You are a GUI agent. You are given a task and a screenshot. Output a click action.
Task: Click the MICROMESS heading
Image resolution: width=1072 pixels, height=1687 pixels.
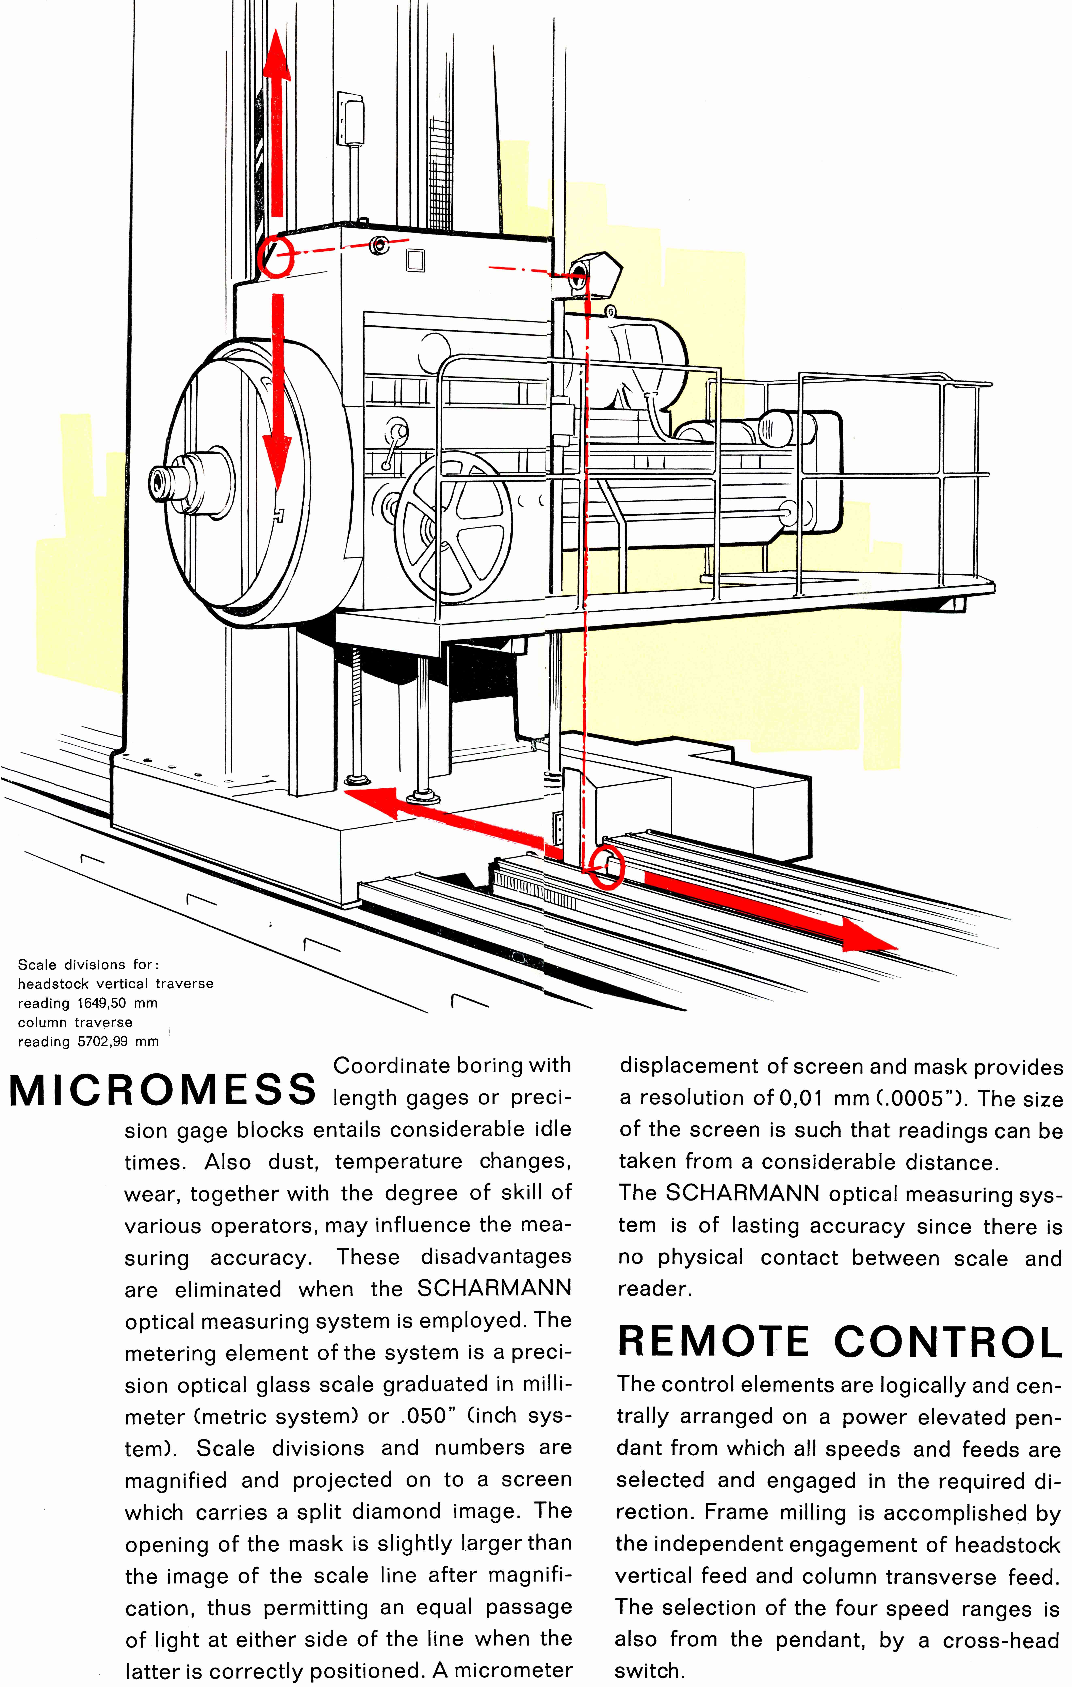163,1090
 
